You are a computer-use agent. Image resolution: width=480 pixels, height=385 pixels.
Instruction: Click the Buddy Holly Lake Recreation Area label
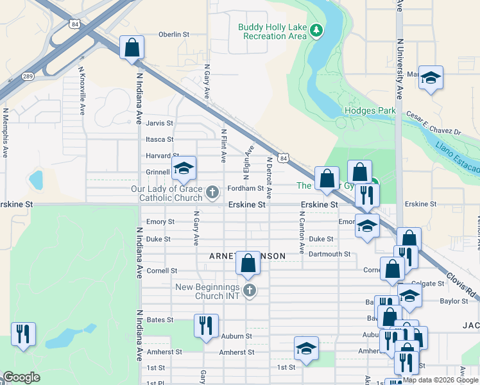(273, 31)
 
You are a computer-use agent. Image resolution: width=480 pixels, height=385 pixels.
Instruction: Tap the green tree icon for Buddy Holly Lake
(316, 30)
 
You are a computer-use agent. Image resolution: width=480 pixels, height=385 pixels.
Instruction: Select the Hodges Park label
(370, 110)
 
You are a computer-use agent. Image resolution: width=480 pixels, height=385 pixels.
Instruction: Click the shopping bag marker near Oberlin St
(132, 48)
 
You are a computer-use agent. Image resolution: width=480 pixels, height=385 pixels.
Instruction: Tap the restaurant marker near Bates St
(206, 326)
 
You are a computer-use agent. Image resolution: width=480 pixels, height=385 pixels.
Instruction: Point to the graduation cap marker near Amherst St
(306, 349)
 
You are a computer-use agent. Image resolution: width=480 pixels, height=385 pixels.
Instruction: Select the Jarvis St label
(160, 123)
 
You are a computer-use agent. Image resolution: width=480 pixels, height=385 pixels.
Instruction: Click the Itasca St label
(160, 139)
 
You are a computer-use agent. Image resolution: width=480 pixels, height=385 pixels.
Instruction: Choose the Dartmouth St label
(330, 254)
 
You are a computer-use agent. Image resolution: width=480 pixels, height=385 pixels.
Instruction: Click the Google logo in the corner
(21, 378)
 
